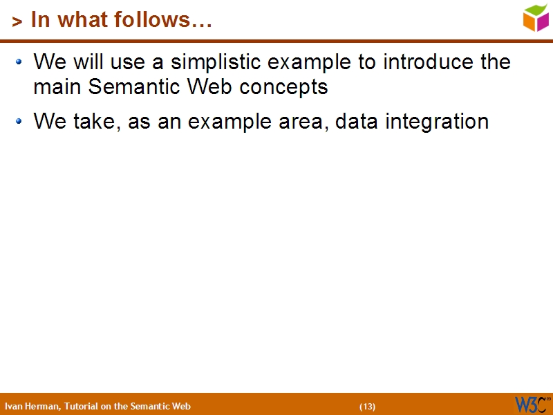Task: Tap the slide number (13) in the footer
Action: coord(367,406)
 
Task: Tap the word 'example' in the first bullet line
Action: coord(312,62)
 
